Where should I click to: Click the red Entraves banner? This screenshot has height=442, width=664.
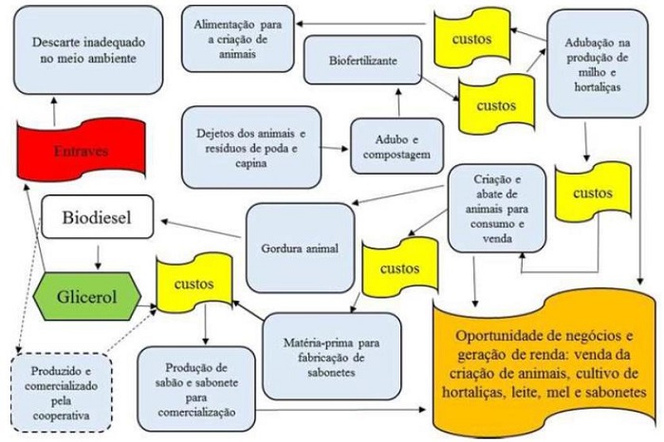point(81,150)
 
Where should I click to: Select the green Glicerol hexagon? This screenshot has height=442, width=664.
point(87,296)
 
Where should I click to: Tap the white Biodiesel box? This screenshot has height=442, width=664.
point(98,217)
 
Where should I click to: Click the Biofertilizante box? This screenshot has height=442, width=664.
point(363,60)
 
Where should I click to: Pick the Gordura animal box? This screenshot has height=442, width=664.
point(300,249)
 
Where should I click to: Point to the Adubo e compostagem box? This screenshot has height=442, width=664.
point(397,146)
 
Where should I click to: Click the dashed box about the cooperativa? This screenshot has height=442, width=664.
point(61,393)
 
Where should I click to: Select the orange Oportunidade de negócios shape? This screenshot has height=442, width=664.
point(544,363)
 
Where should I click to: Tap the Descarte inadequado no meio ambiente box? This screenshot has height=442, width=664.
point(88,50)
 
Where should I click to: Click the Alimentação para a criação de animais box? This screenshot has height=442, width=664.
point(237,39)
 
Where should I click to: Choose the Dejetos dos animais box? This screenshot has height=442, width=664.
point(251,147)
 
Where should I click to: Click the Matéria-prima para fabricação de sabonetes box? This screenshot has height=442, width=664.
point(332,357)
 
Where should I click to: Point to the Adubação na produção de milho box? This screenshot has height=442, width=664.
point(597,64)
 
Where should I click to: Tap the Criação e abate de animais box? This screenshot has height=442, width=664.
point(497,209)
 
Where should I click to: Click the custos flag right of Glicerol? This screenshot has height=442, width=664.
point(194,284)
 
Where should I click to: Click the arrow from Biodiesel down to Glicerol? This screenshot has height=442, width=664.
point(98,257)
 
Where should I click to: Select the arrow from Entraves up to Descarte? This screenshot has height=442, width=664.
point(54,111)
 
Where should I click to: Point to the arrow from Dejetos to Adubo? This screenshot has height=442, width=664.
point(334,148)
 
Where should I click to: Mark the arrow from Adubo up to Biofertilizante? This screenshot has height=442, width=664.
point(398,101)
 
